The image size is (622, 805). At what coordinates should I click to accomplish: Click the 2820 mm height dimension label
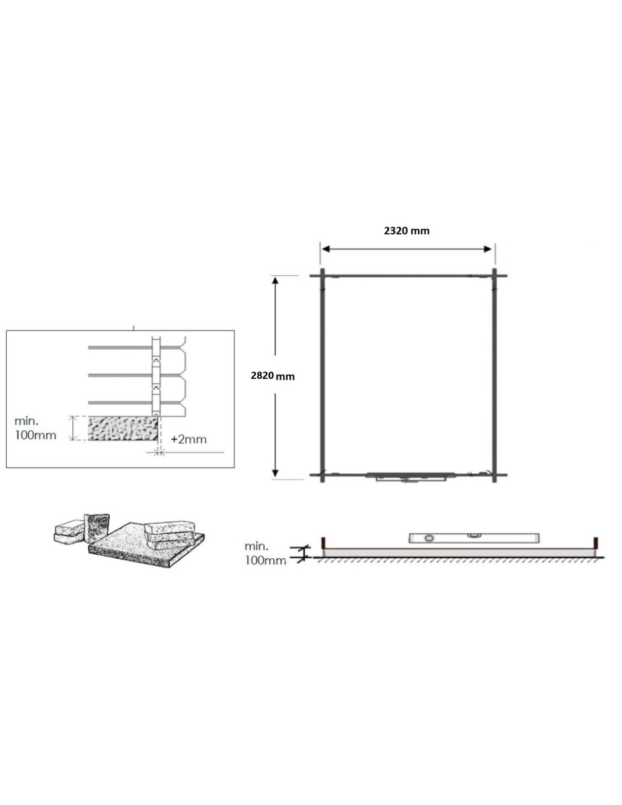273,376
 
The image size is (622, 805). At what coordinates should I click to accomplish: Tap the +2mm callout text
189,440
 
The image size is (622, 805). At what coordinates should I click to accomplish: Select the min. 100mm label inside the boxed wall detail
35,428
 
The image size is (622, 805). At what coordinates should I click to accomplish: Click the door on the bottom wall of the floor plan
411,477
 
